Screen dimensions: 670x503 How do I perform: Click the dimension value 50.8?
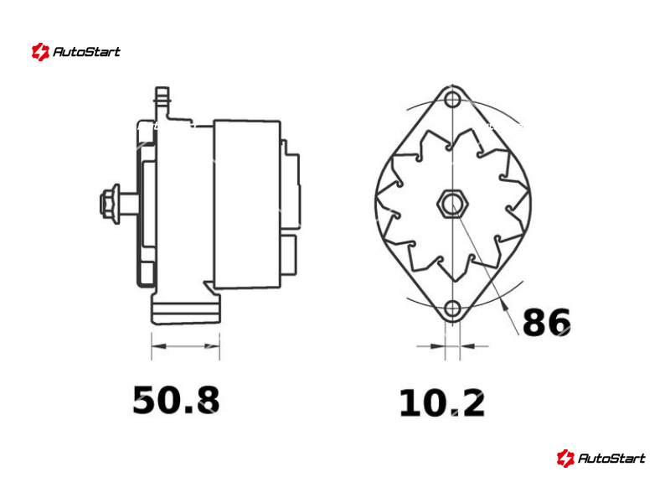[x=176, y=400]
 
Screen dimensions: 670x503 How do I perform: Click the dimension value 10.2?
[x=442, y=403]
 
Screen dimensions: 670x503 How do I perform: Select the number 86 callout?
[x=547, y=322]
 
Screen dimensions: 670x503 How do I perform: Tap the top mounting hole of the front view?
[x=452, y=100]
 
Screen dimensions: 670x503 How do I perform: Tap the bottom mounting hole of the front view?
[x=452, y=308]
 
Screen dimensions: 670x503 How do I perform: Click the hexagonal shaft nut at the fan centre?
[x=452, y=204]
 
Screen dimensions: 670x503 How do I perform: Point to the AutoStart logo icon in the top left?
[x=40, y=52]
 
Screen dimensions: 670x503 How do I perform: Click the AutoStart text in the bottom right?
[x=611, y=459]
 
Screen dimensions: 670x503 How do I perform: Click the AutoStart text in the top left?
[x=87, y=52]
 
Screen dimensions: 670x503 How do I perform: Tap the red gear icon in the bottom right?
[x=565, y=459]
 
